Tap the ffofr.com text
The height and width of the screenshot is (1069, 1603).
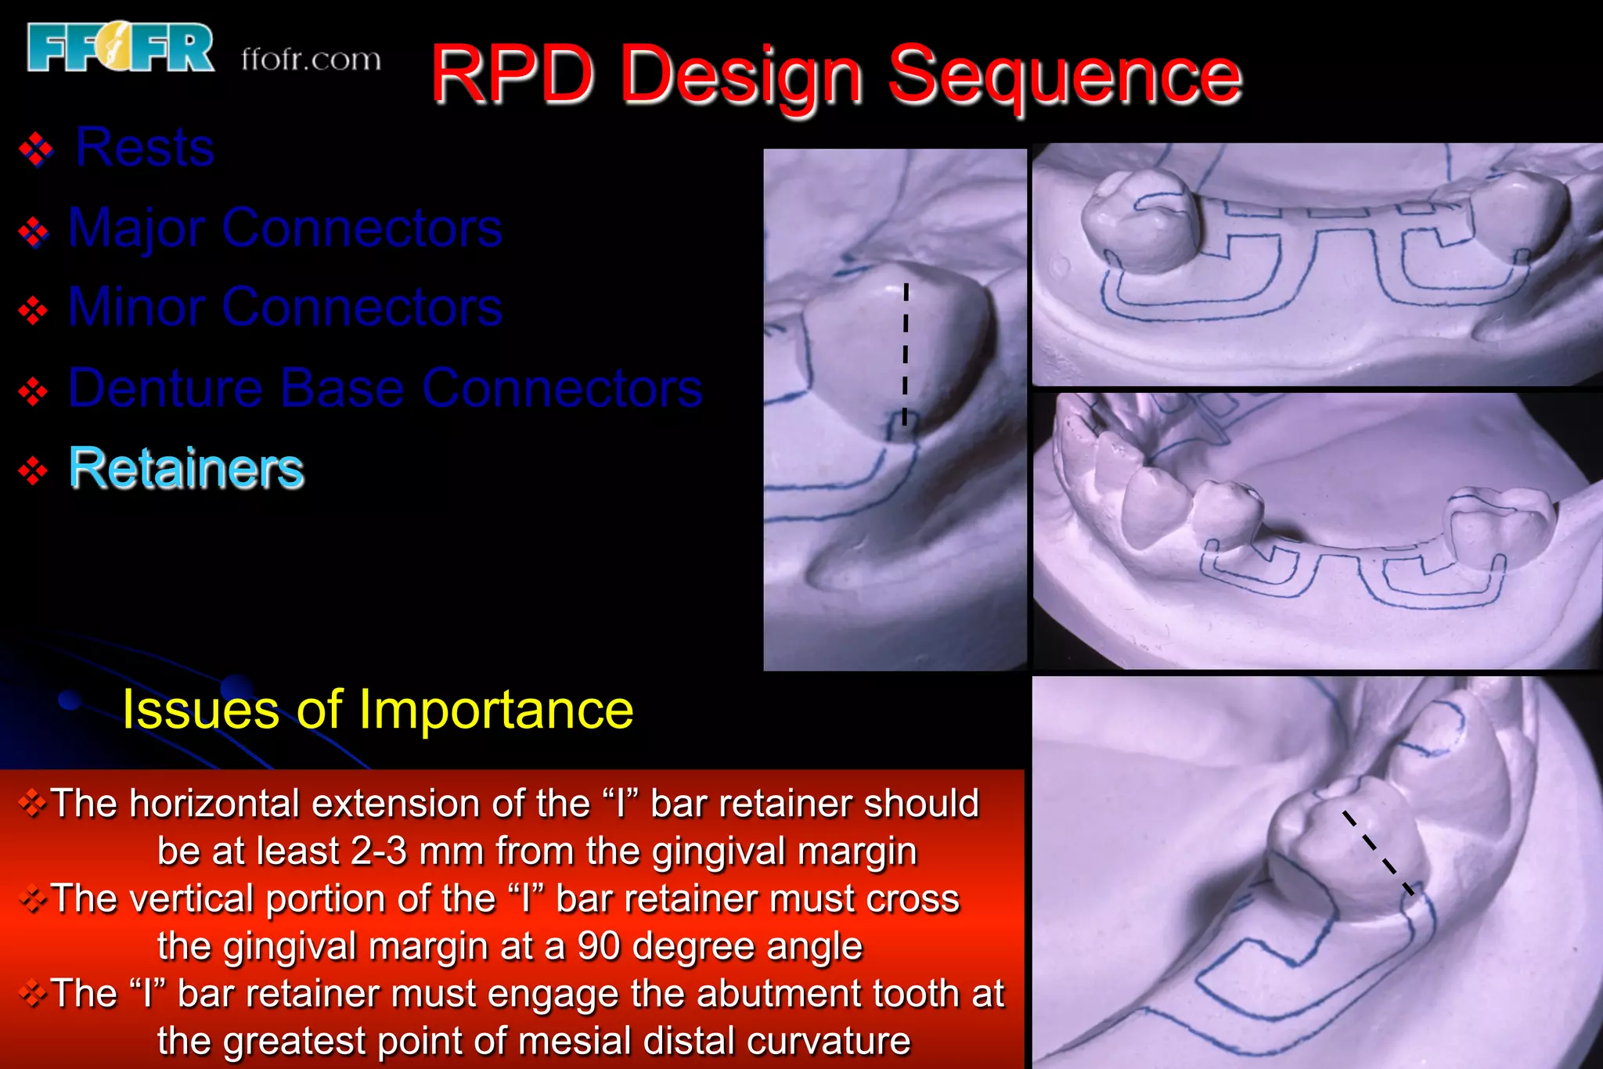(x=311, y=59)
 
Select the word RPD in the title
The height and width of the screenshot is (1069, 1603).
(x=513, y=76)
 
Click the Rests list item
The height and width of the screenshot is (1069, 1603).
(x=145, y=147)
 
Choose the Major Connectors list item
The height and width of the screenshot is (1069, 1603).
(x=285, y=228)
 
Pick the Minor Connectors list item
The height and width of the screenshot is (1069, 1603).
(x=285, y=307)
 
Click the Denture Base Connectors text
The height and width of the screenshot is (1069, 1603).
(x=385, y=387)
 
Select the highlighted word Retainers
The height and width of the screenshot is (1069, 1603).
(x=186, y=469)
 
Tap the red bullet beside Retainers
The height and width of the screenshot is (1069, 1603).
(x=33, y=470)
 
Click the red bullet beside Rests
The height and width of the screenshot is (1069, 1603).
(x=36, y=149)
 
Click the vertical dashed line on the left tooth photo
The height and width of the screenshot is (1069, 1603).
(x=906, y=354)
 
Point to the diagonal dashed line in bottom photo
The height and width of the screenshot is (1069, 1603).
(x=1378, y=853)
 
